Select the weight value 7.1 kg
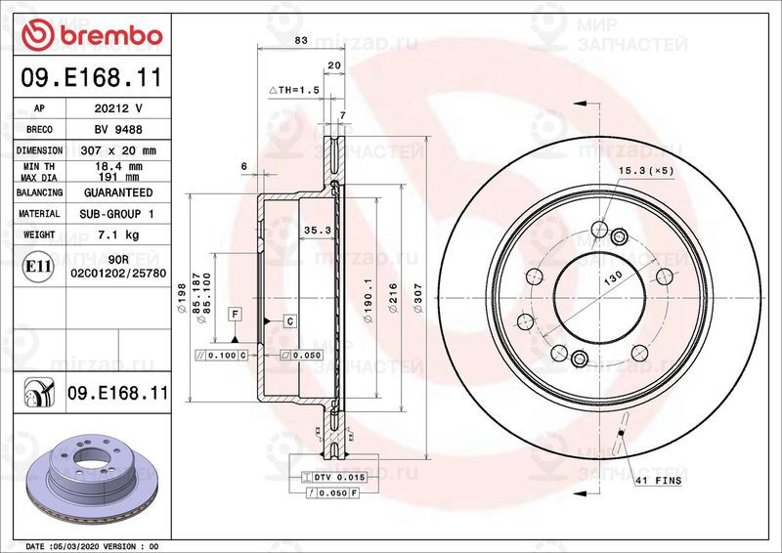point(117,234)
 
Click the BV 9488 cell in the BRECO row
point(117,130)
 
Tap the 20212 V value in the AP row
point(117,108)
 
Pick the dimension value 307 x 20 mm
point(117,151)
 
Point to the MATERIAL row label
point(40,213)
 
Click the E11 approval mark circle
point(38,265)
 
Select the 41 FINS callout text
point(658,482)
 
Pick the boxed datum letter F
point(235,313)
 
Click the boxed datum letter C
point(290,320)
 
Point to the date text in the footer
point(91,545)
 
